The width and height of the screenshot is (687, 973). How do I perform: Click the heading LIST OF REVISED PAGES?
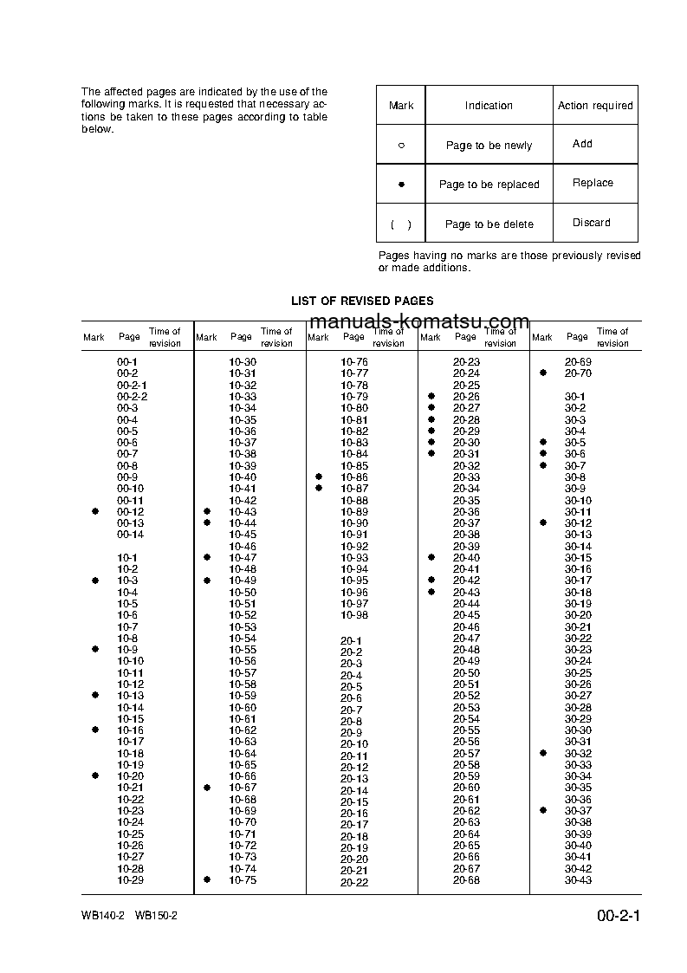362,301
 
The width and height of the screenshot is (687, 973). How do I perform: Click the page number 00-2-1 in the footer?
618,916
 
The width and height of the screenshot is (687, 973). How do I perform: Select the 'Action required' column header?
595,106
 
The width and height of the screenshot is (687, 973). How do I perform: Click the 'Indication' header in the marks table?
489,106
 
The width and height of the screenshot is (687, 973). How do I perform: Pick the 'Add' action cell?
582,144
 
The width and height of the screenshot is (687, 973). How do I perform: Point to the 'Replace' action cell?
593,183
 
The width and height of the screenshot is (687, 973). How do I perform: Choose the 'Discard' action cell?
591,223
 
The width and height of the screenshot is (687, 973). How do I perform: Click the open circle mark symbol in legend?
401,146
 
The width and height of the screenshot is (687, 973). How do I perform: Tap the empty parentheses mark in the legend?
401,224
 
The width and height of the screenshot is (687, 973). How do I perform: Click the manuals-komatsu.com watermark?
419,322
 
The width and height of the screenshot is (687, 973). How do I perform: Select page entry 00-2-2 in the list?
132,396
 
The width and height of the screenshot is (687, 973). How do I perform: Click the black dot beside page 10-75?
207,879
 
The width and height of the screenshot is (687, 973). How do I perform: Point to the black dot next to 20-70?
543,373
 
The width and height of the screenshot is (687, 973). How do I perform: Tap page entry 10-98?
354,614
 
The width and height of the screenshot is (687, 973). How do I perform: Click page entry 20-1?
351,640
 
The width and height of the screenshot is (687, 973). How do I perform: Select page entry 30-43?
578,880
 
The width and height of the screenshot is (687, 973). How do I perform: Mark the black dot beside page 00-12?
95,512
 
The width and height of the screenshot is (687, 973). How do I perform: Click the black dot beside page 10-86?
319,477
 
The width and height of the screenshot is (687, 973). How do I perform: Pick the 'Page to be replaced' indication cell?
489,185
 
